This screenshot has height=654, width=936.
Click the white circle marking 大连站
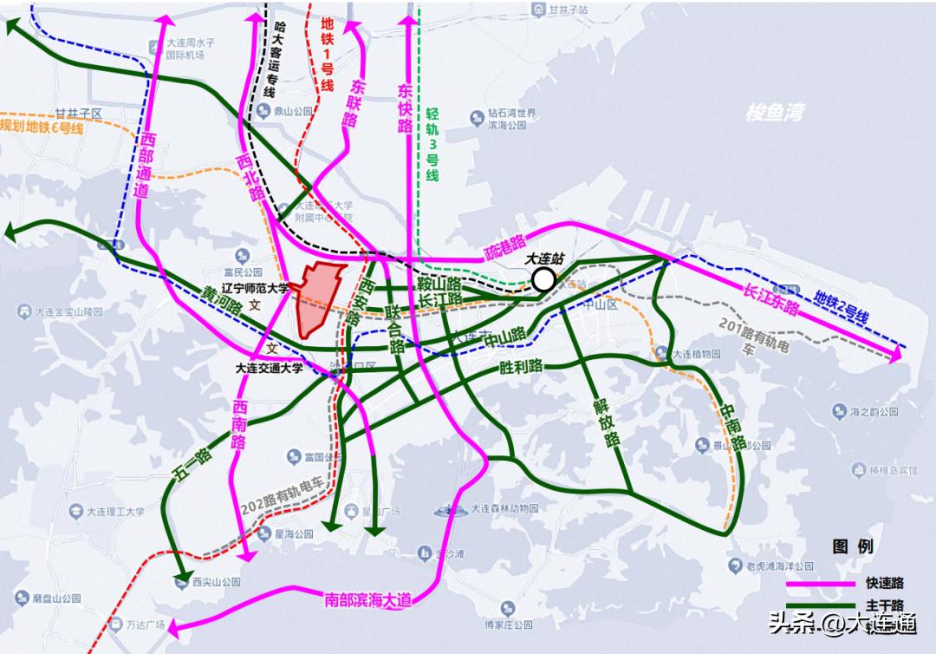[544, 279]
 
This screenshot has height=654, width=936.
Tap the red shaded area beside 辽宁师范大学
[318, 298]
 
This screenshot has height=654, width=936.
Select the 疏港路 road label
[505, 248]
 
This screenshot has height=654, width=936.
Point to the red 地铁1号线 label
[327, 54]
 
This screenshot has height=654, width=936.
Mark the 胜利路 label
[521, 366]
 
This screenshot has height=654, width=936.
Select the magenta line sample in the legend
[819, 584]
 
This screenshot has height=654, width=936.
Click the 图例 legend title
[853, 546]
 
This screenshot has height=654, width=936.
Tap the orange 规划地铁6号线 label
[42, 127]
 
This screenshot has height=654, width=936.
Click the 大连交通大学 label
[270, 367]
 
